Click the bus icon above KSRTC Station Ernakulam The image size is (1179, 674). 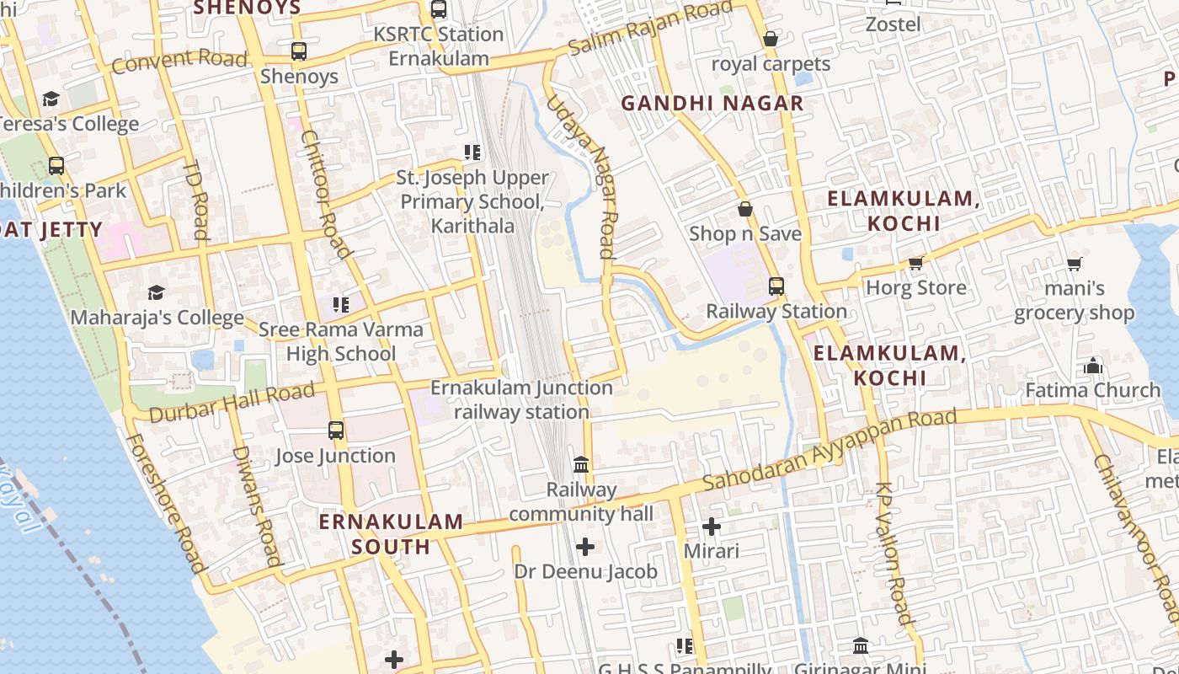tap(439, 9)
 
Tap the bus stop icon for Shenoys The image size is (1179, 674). tap(299, 51)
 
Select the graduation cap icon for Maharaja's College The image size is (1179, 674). tap(157, 292)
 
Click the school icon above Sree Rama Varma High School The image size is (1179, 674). tap(341, 304)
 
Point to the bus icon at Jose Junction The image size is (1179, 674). tap(336, 431)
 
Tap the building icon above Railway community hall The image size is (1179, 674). tap(581, 464)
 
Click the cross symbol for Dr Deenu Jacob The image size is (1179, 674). tap(585, 547)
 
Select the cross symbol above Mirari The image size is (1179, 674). tap(712, 527)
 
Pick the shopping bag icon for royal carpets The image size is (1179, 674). tap(770, 39)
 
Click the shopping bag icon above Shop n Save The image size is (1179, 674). tap(745, 209)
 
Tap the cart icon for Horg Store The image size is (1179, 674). tap(916, 264)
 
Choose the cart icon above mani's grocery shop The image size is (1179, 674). tap(1074, 265)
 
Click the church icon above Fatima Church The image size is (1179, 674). tap(1093, 366)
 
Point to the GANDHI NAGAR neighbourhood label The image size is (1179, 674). tap(712, 104)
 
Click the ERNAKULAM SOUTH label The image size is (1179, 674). tap(391, 534)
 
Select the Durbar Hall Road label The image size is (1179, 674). tap(231, 403)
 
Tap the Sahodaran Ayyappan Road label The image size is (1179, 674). tap(830, 449)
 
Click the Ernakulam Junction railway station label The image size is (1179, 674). tap(521, 400)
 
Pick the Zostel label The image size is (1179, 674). tap(893, 24)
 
